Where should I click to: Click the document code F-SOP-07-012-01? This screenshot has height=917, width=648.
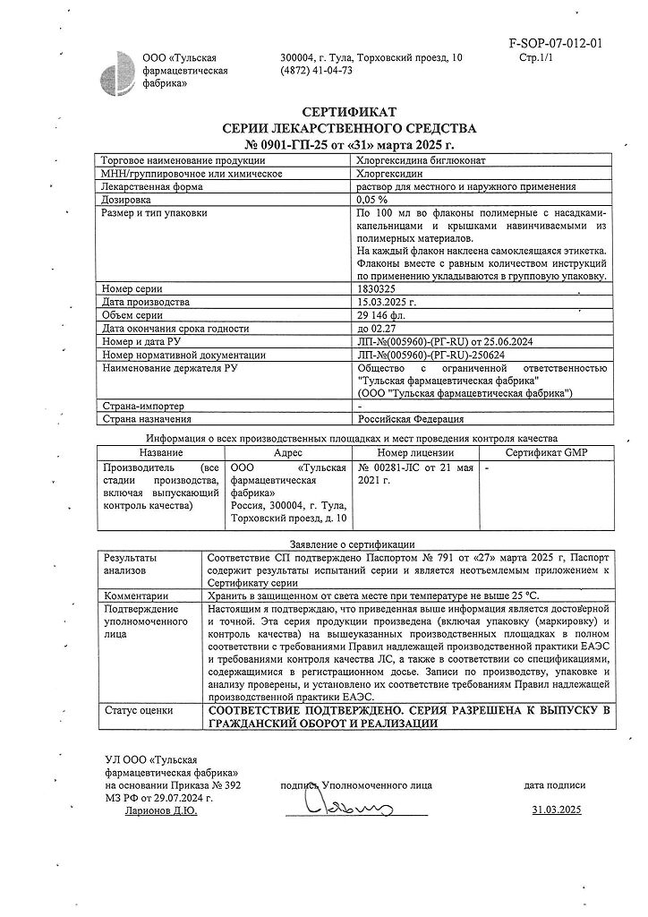(x=556, y=42)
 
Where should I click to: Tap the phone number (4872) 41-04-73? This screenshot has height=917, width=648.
(x=316, y=71)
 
